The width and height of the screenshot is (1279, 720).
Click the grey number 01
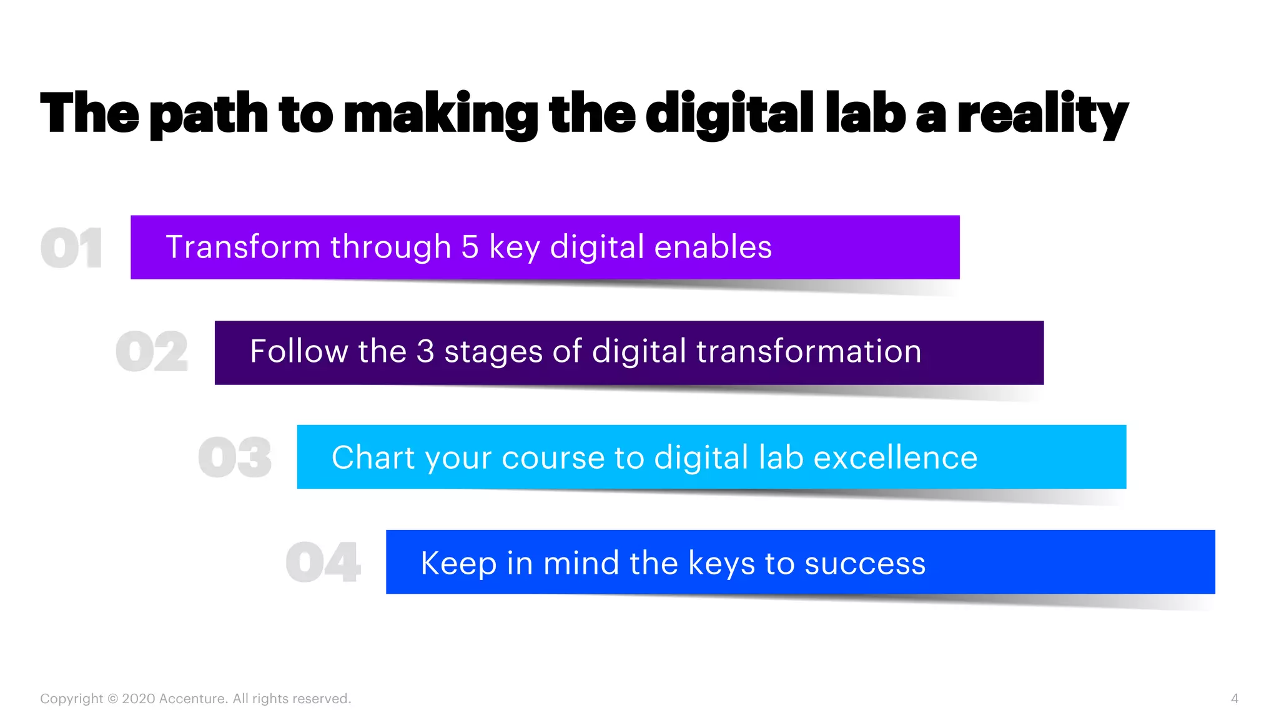[x=71, y=248]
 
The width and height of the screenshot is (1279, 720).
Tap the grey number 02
[x=152, y=352]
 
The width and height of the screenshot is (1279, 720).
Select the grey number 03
[x=235, y=457]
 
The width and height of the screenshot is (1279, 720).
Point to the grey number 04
[x=323, y=562]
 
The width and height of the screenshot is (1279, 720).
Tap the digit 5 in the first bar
[x=470, y=247]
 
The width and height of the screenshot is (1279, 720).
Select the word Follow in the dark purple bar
[x=299, y=351]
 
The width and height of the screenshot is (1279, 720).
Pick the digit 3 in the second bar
[x=425, y=351]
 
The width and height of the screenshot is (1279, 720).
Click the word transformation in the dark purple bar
[x=809, y=351]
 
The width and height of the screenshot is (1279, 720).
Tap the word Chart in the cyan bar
[x=372, y=457]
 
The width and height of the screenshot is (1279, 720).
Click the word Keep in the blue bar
[x=458, y=563]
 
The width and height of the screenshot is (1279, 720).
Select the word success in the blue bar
[x=865, y=563]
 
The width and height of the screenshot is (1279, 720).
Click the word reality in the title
[x=1042, y=114]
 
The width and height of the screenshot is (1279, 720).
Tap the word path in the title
[x=209, y=114]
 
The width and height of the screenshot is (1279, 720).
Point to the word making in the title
[x=441, y=114]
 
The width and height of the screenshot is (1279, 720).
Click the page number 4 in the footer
[x=1234, y=699]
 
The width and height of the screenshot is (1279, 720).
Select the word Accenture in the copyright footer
[x=193, y=699]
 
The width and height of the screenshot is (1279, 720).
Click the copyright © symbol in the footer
[x=112, y=699]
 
